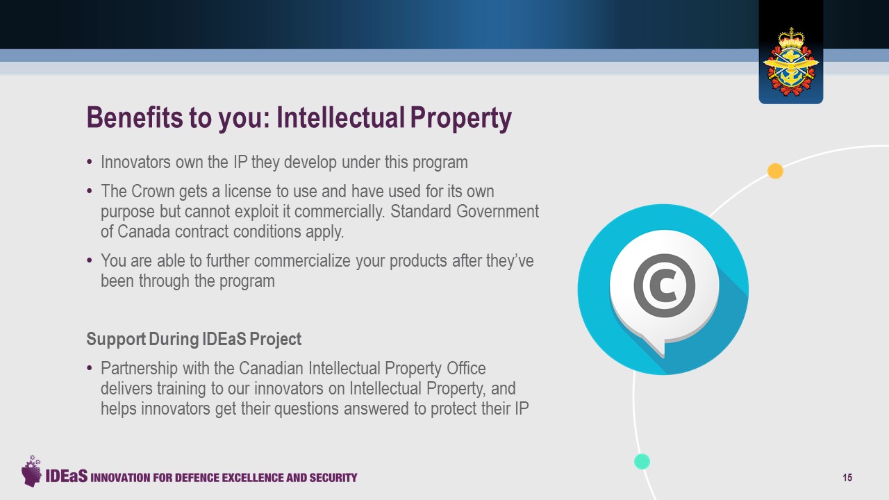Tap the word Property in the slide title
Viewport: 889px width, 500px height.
click(x=460, y=119)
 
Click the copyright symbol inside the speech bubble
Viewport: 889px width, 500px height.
click(x=665, y=285)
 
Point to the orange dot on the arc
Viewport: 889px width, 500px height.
click(x=775, y=171)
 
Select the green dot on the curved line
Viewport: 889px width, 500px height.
click(x=642, y=462)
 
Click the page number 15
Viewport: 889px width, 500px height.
click(x=847, y=477)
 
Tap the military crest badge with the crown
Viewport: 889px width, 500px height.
click(x=791, y=62)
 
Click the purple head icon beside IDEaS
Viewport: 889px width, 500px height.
click(x=32, y=471)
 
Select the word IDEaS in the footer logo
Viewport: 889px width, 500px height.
click(x=66, y=476)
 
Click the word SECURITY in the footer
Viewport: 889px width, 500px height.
click(x=333, y=477)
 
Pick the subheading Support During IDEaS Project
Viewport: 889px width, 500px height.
click(x=194, y=339)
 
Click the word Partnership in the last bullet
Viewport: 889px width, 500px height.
click(x=139, y=369)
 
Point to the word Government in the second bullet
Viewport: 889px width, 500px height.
click(x=498, y=211)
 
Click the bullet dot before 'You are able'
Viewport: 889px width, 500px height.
click(x=90, y=260)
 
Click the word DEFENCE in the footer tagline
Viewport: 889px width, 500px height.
click(x=197, y=477)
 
